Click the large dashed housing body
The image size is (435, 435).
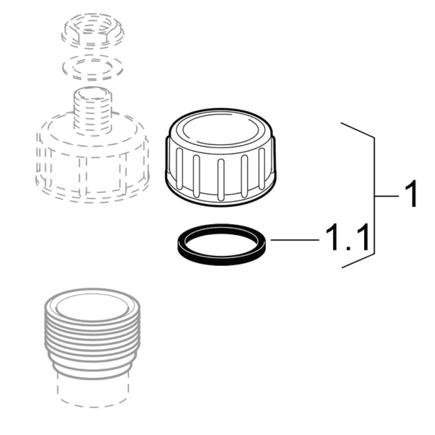point(92,160)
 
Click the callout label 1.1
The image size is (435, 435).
point(347,238)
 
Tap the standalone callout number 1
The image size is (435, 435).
point(410,196)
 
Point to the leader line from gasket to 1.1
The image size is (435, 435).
point(294,240)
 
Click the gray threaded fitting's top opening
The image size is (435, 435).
point(91,304)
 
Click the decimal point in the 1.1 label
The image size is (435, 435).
point(348,248)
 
